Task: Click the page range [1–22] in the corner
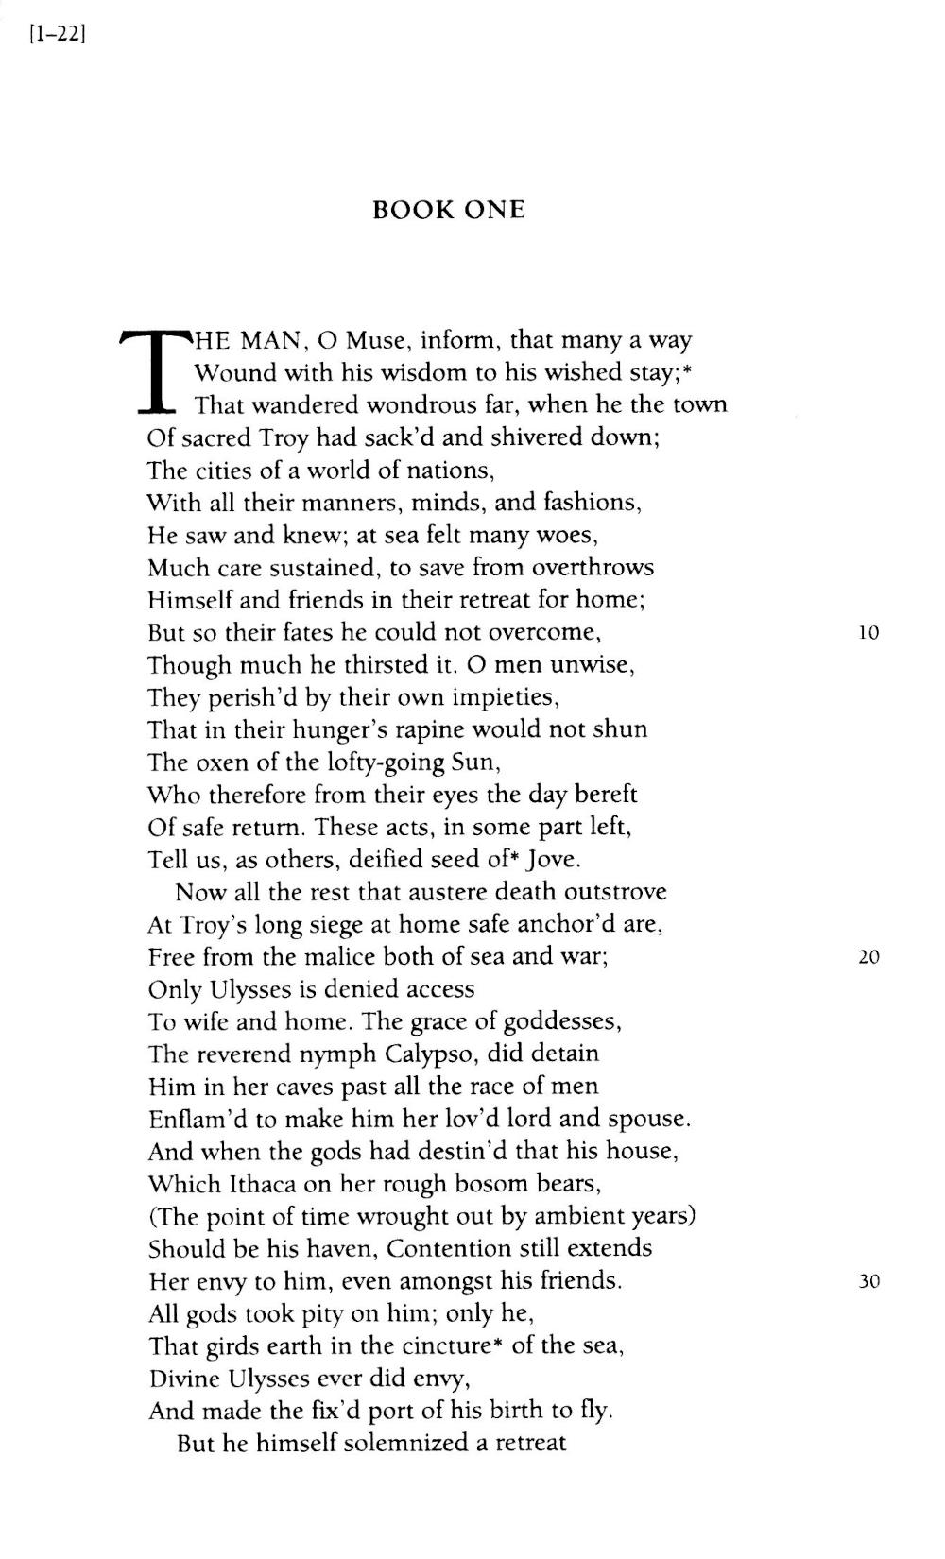[58, 37]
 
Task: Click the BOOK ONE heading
[449, 210]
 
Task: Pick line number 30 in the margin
[868, 1282]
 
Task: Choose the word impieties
[507, 697]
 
